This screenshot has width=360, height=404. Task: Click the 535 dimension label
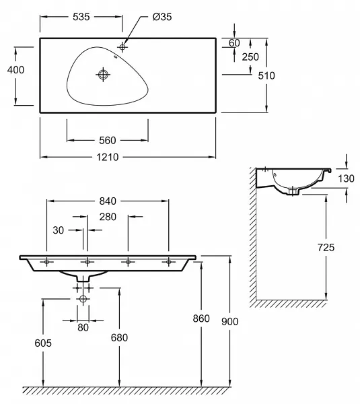click(81, 17)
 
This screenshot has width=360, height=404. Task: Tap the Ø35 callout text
click(162, 17)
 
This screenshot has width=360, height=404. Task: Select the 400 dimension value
click(15, 70)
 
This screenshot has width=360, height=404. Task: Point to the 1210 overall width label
click(108, 157)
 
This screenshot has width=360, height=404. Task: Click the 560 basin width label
click(108, 141)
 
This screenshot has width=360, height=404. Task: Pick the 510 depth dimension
click(266, 75)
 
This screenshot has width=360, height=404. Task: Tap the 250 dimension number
click(250, 57)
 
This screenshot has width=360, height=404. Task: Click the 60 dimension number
click(234, 43)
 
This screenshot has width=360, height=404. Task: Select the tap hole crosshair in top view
click(122, 47)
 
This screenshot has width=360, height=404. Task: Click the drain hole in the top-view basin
click(103, 75)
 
